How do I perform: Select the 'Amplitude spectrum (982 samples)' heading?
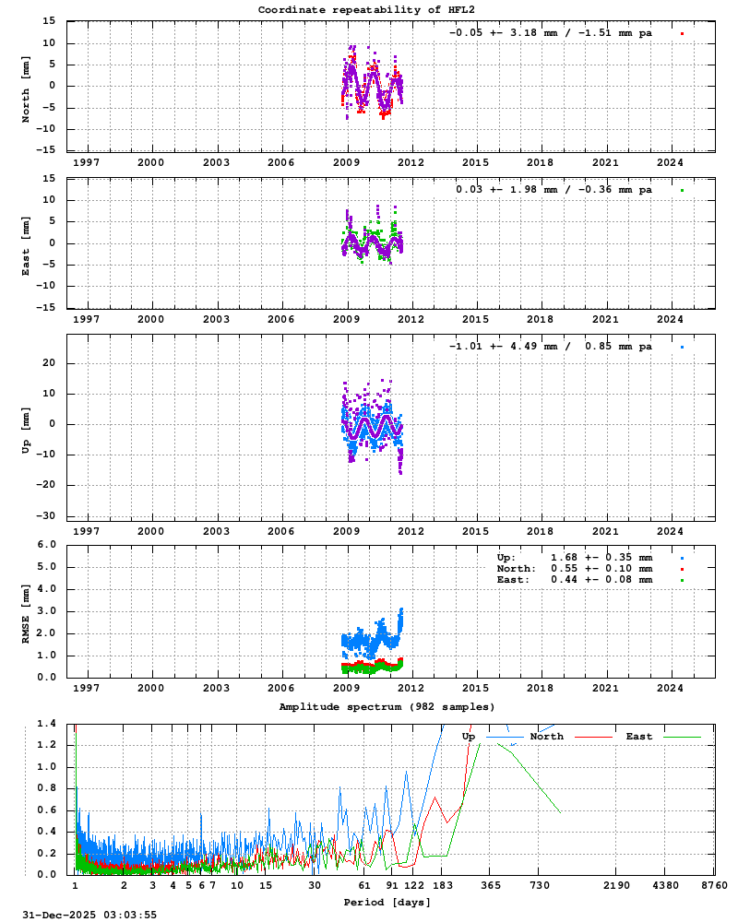[387, 706]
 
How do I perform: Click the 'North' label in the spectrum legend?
[546, 737]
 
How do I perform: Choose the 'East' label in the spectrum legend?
[638, 737]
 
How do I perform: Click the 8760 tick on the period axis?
[714, 885]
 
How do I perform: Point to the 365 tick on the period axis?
[491, 885]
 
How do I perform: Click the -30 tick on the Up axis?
[49, 515]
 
